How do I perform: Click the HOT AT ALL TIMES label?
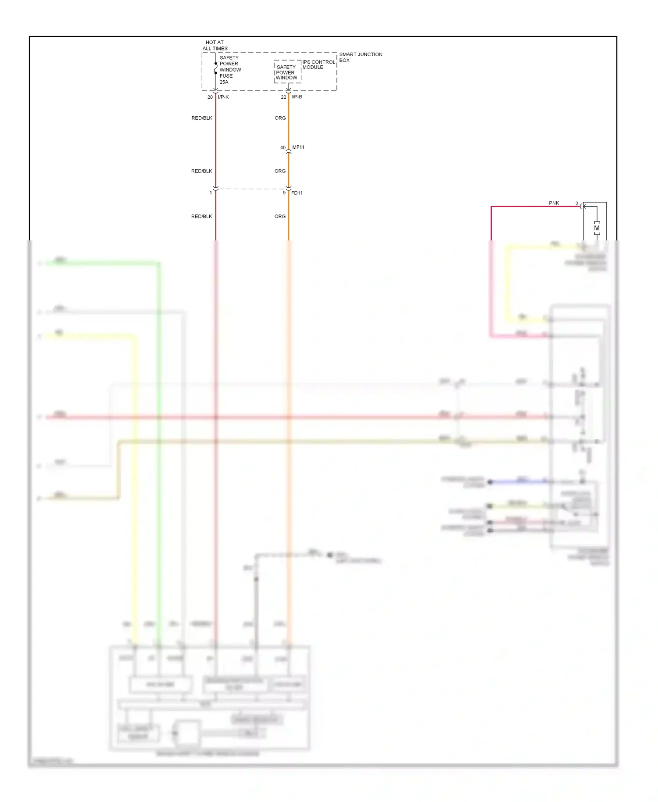click(215, 46)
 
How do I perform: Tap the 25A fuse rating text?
click(224, 82)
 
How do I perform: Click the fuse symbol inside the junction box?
click(215, 70)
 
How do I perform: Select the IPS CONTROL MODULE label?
click(318, 64)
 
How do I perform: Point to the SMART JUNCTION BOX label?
click(361, 57)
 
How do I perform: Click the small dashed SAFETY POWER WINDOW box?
click(287, 72)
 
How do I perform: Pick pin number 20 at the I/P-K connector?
click(210, 97)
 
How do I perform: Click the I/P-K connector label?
click(223, 97)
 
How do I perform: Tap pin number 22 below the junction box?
click(283, 97)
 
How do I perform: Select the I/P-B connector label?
click(297, 97)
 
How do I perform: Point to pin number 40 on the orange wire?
click(283, 148)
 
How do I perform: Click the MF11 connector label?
click(298, 147)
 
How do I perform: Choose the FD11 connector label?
click(297, 193)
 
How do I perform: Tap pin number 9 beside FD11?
click(284, 193)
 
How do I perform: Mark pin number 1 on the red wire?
click(211, 193)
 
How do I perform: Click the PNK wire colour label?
click(554, 203)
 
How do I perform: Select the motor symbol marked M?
click(597, 228)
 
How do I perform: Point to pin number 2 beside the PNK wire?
click(577, 204)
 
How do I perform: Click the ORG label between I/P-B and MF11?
click(280, 118)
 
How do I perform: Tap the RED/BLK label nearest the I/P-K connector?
click(202, 118)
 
